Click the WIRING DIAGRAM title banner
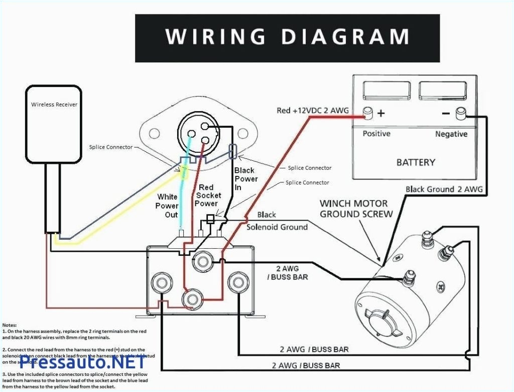[287, 38]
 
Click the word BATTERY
[416, 162]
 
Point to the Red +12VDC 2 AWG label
[313, 110]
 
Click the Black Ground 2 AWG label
[444, 189]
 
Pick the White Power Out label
[167, 206]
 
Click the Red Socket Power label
[207, 195]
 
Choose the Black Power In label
[245, 179]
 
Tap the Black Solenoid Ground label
[277, 221]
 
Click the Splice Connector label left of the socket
[111, 147]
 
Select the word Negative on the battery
[451, 134]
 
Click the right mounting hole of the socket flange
[243, 133]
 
